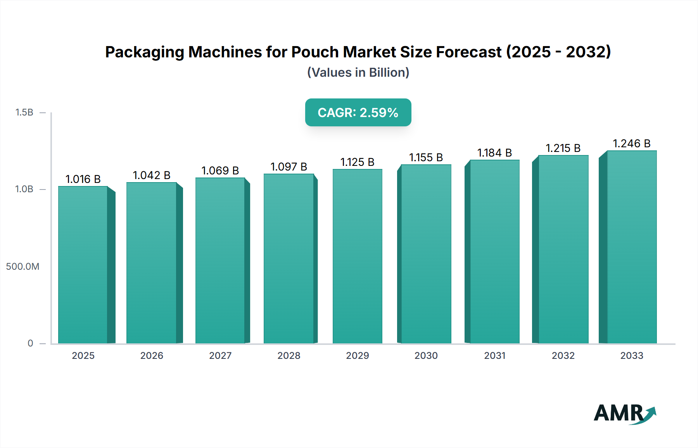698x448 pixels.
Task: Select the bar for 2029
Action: pyautogui.click(x=357, y=256)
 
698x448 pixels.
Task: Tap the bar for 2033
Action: pyautogui.click(x=631, y=247)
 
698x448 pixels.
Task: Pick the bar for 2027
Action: pyautogui.click(x=220, y=260)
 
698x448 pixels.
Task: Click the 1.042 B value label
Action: pyautogui.click(x=152, y=175)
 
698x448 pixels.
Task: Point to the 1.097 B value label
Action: pyautogui.click(x=289, y=167)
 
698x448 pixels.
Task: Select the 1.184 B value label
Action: pyautogui.click(x=494, y=153)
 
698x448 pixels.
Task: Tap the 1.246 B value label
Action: pyautogui.click(x=631, y=143)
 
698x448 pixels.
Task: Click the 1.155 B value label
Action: pyautogui.click(x=426, y=157)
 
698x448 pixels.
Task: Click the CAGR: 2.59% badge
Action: pyautogui.click(x=358, y=112)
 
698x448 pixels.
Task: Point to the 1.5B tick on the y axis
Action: pyautogui.click(x=24, y=112)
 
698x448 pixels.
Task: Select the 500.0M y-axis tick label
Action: pyautogui.click(x=22, y=266)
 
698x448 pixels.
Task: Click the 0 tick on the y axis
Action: pyautogui.click(x=30, y=343)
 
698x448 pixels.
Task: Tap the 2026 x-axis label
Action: pyautogui.click(x=152, y=355)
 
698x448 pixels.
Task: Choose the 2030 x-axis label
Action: pyautogui.click(x=426, y=355)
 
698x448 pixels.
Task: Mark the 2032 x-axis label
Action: pyautogui.click(x=563, y=355)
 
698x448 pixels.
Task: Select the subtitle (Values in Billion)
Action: pyautogui.click(x=358, y=72)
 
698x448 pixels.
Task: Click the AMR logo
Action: pyautogui.click(x=624, y=413)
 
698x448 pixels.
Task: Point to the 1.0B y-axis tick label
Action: pyautogui.click(x=24, y=189)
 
